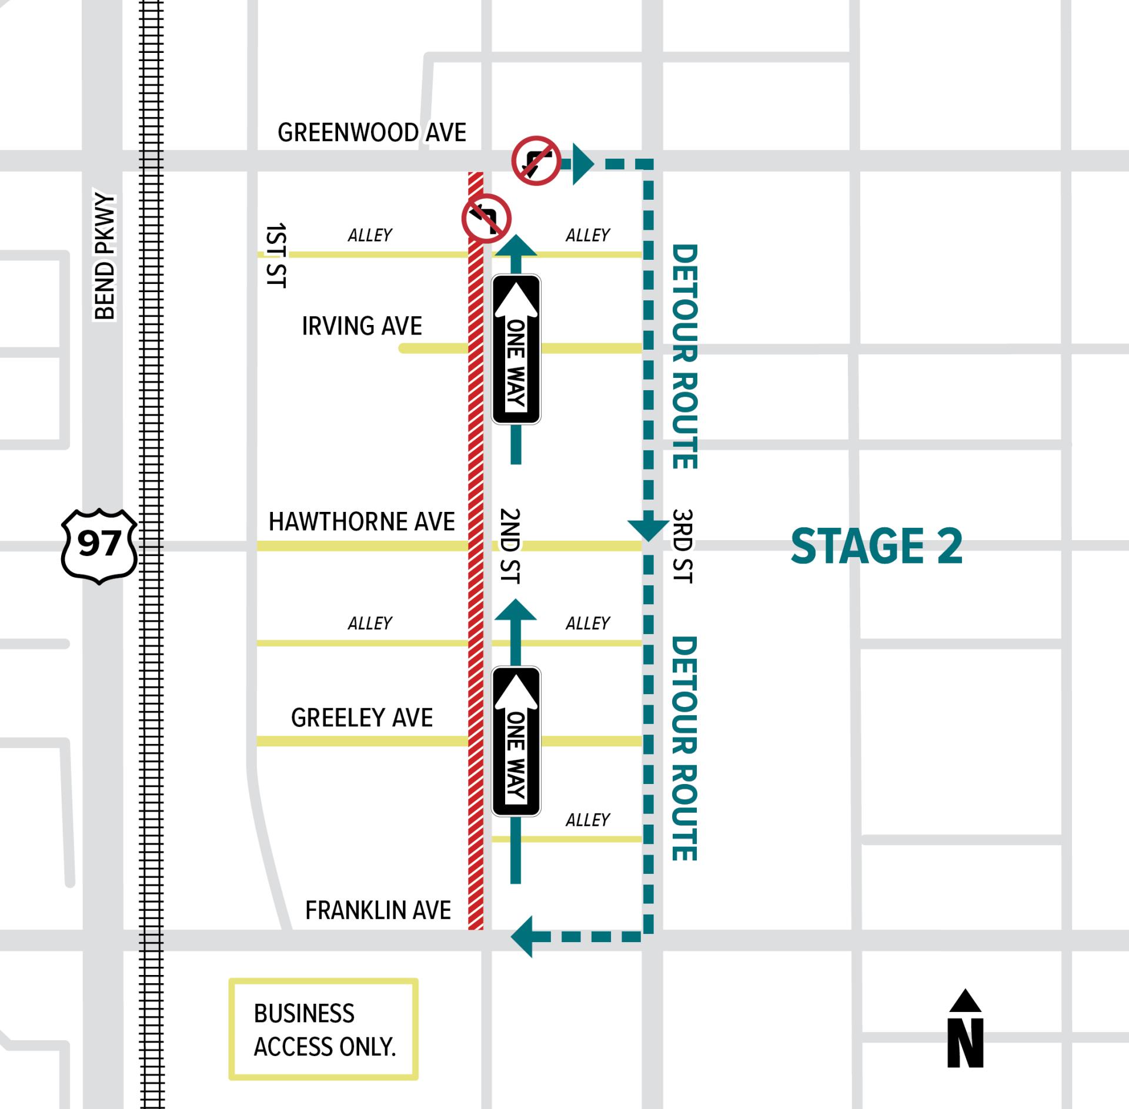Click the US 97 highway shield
point(99,545)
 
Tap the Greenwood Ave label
point(372,133)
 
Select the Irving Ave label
point(362,326)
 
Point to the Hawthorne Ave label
point(362,522)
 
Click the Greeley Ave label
point(362,718)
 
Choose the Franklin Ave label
point(378,910)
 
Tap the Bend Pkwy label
point(105,256)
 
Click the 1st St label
point(276,255)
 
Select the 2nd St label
point(510,545)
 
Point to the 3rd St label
point(682,545)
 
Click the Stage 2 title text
point(876,547)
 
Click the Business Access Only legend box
point(323,1030)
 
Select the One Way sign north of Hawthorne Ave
point(516,349)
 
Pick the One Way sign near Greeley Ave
point(516,741)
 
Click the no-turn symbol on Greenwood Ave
point(536,160)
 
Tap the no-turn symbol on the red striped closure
point(486,218)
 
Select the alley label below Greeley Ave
point(587,820)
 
